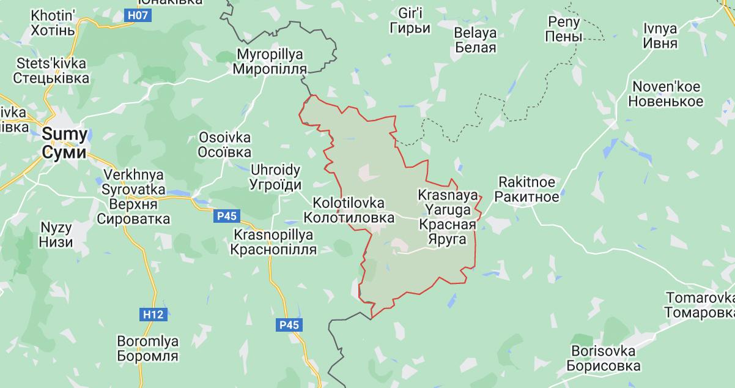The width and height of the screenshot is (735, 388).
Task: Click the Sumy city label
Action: [64, 144]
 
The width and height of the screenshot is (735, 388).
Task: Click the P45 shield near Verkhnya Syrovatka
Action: [227, 215]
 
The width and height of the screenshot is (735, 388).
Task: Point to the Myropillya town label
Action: [270, 61]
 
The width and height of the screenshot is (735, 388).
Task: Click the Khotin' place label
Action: [53, 23]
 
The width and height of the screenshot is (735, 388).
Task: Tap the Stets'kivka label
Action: [51, 71]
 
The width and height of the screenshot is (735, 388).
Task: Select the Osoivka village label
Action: [225, 145]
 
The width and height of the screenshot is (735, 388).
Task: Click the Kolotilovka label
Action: [349, 210]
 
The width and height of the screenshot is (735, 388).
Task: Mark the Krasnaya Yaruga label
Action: [447, 217]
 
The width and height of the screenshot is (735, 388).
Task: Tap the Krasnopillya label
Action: [273, 242]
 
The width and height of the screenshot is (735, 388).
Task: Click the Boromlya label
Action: [147, 349]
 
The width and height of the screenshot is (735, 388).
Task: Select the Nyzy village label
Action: [56, 234]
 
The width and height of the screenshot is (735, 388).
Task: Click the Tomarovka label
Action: [700, 305]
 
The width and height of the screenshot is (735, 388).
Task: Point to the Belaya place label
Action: [476, 40]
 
